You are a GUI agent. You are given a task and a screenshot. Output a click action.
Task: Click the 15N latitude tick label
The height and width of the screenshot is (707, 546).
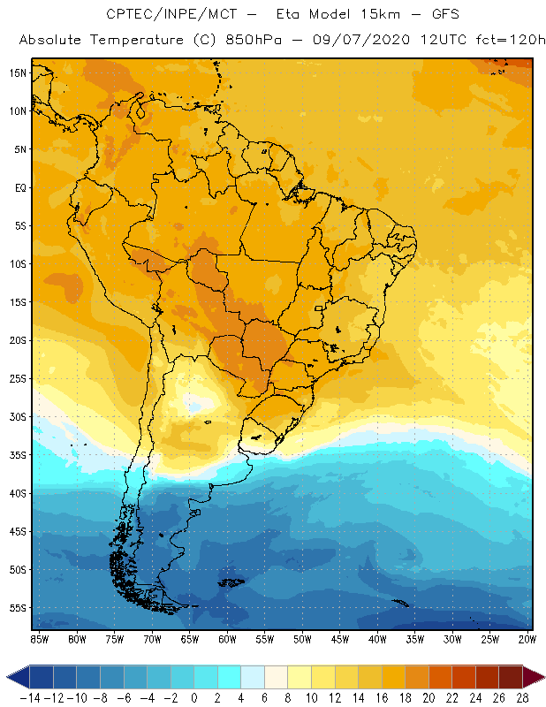17,72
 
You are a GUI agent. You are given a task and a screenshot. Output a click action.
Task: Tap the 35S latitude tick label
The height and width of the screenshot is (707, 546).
17,455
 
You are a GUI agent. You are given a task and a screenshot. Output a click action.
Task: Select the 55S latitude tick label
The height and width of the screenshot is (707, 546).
17,608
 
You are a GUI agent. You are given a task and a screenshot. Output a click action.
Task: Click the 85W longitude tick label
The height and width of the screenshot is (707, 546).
39,638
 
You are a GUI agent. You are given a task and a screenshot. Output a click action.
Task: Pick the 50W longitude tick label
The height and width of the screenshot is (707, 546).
302,638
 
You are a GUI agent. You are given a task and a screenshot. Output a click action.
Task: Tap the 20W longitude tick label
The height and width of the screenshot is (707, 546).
527,638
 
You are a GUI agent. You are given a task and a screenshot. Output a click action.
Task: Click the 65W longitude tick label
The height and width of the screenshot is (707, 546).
189,638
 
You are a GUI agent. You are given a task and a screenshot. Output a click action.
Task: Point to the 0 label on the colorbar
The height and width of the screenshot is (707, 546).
194,697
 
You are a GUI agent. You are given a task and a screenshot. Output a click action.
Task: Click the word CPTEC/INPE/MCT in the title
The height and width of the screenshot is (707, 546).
167,15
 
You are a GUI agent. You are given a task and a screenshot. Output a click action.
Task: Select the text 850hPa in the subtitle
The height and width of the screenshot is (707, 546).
247,41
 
